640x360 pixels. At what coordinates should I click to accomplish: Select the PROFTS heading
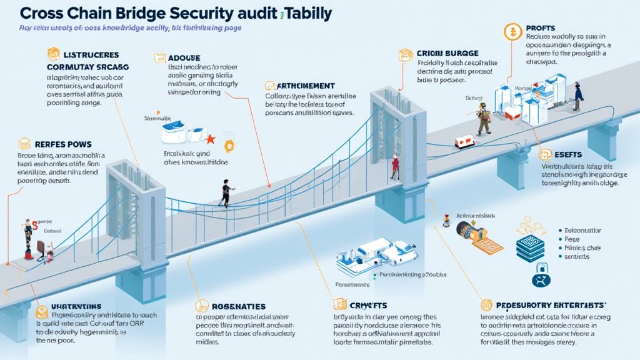pos(541,28)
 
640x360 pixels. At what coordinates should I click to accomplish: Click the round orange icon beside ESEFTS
pos(545,154)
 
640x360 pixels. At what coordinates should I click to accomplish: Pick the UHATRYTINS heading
pos(76,307)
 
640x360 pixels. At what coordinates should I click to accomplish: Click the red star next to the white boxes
pos(211,137)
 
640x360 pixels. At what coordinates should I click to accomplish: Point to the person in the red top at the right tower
pos(394,167)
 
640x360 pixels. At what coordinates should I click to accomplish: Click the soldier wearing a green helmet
pos(482,117)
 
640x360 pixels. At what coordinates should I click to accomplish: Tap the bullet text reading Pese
pos(572,239)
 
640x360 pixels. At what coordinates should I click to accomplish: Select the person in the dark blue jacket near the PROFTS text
pos(578,94)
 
